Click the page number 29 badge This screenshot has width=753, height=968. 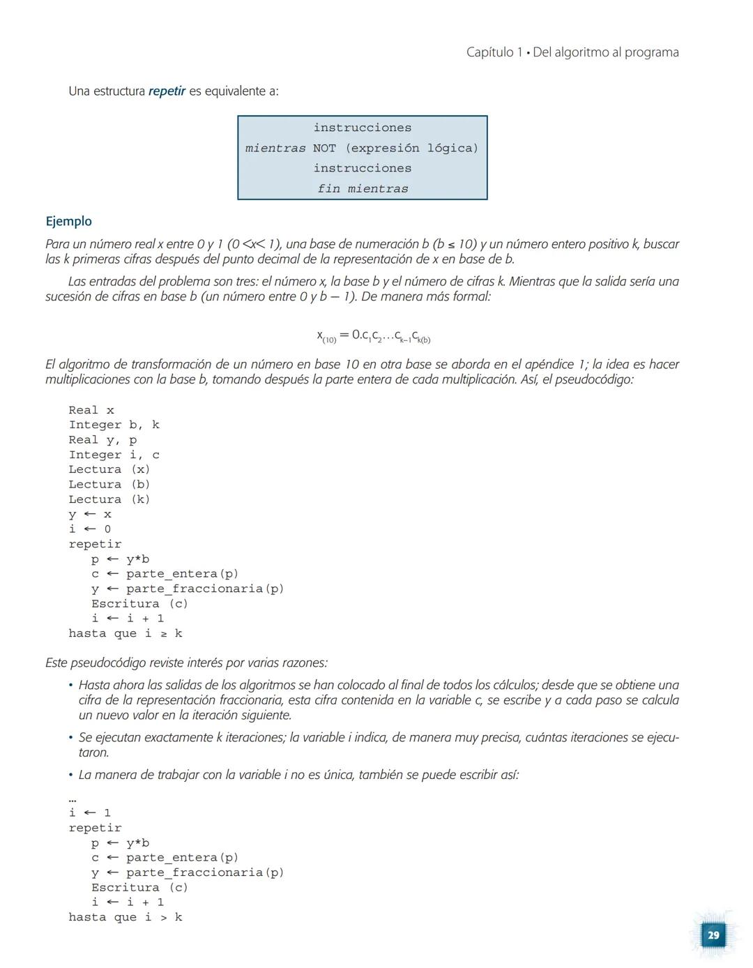(713, 935)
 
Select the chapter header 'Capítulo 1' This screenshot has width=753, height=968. (494, 52)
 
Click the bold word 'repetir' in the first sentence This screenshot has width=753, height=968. (167, 91)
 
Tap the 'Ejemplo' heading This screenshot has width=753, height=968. (68, 221)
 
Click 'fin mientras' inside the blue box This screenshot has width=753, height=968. (363, 188)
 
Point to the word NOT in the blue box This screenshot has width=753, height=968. (324, 148)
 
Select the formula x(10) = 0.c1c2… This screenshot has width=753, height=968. (374, 336)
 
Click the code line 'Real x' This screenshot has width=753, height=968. (91, 410)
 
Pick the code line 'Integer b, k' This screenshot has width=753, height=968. (114, 425)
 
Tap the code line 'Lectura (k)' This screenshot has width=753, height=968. (109, 499)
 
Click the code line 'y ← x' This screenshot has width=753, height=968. (90, 514)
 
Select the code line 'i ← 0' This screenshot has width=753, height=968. (90, 529)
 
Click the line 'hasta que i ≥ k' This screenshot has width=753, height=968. (125, 633)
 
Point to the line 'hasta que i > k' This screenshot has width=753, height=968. (125, 917)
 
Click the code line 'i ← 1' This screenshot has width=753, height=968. (90, 812)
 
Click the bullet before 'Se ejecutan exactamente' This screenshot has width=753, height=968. (70, 737)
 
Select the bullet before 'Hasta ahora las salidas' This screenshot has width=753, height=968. (70, 685)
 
